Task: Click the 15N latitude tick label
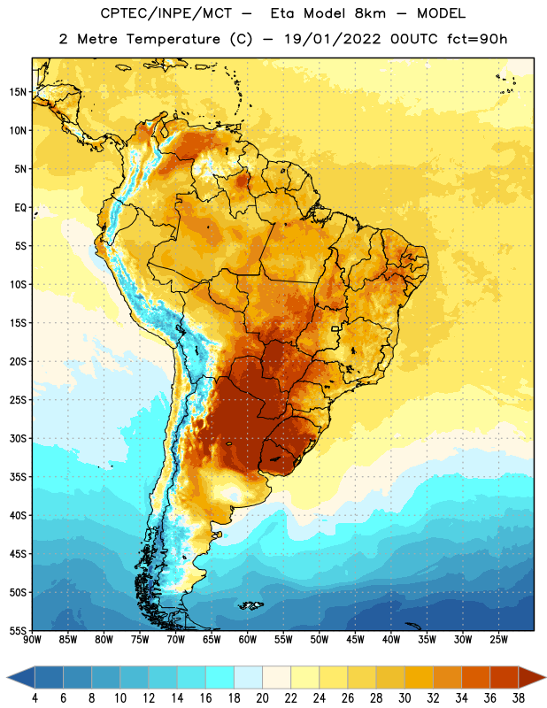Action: point(18,92)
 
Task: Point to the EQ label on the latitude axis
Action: point(20,208)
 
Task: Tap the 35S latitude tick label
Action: point(18,477)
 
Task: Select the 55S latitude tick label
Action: point(18,631)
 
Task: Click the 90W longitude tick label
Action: point(32,640)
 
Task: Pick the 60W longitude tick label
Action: point(248,640)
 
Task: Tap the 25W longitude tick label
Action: point(498,640)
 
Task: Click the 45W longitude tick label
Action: point(355,640)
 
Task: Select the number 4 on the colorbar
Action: point(35,698)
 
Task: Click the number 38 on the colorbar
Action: point(518,698)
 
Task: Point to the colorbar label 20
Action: point(262,698)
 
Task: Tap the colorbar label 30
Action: point(404,698)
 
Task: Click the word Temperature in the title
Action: point(173,39)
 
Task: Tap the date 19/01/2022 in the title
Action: point(333,39)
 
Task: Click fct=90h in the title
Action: point(477,39)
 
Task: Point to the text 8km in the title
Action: point(370,13)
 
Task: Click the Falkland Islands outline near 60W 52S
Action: point(250,605)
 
